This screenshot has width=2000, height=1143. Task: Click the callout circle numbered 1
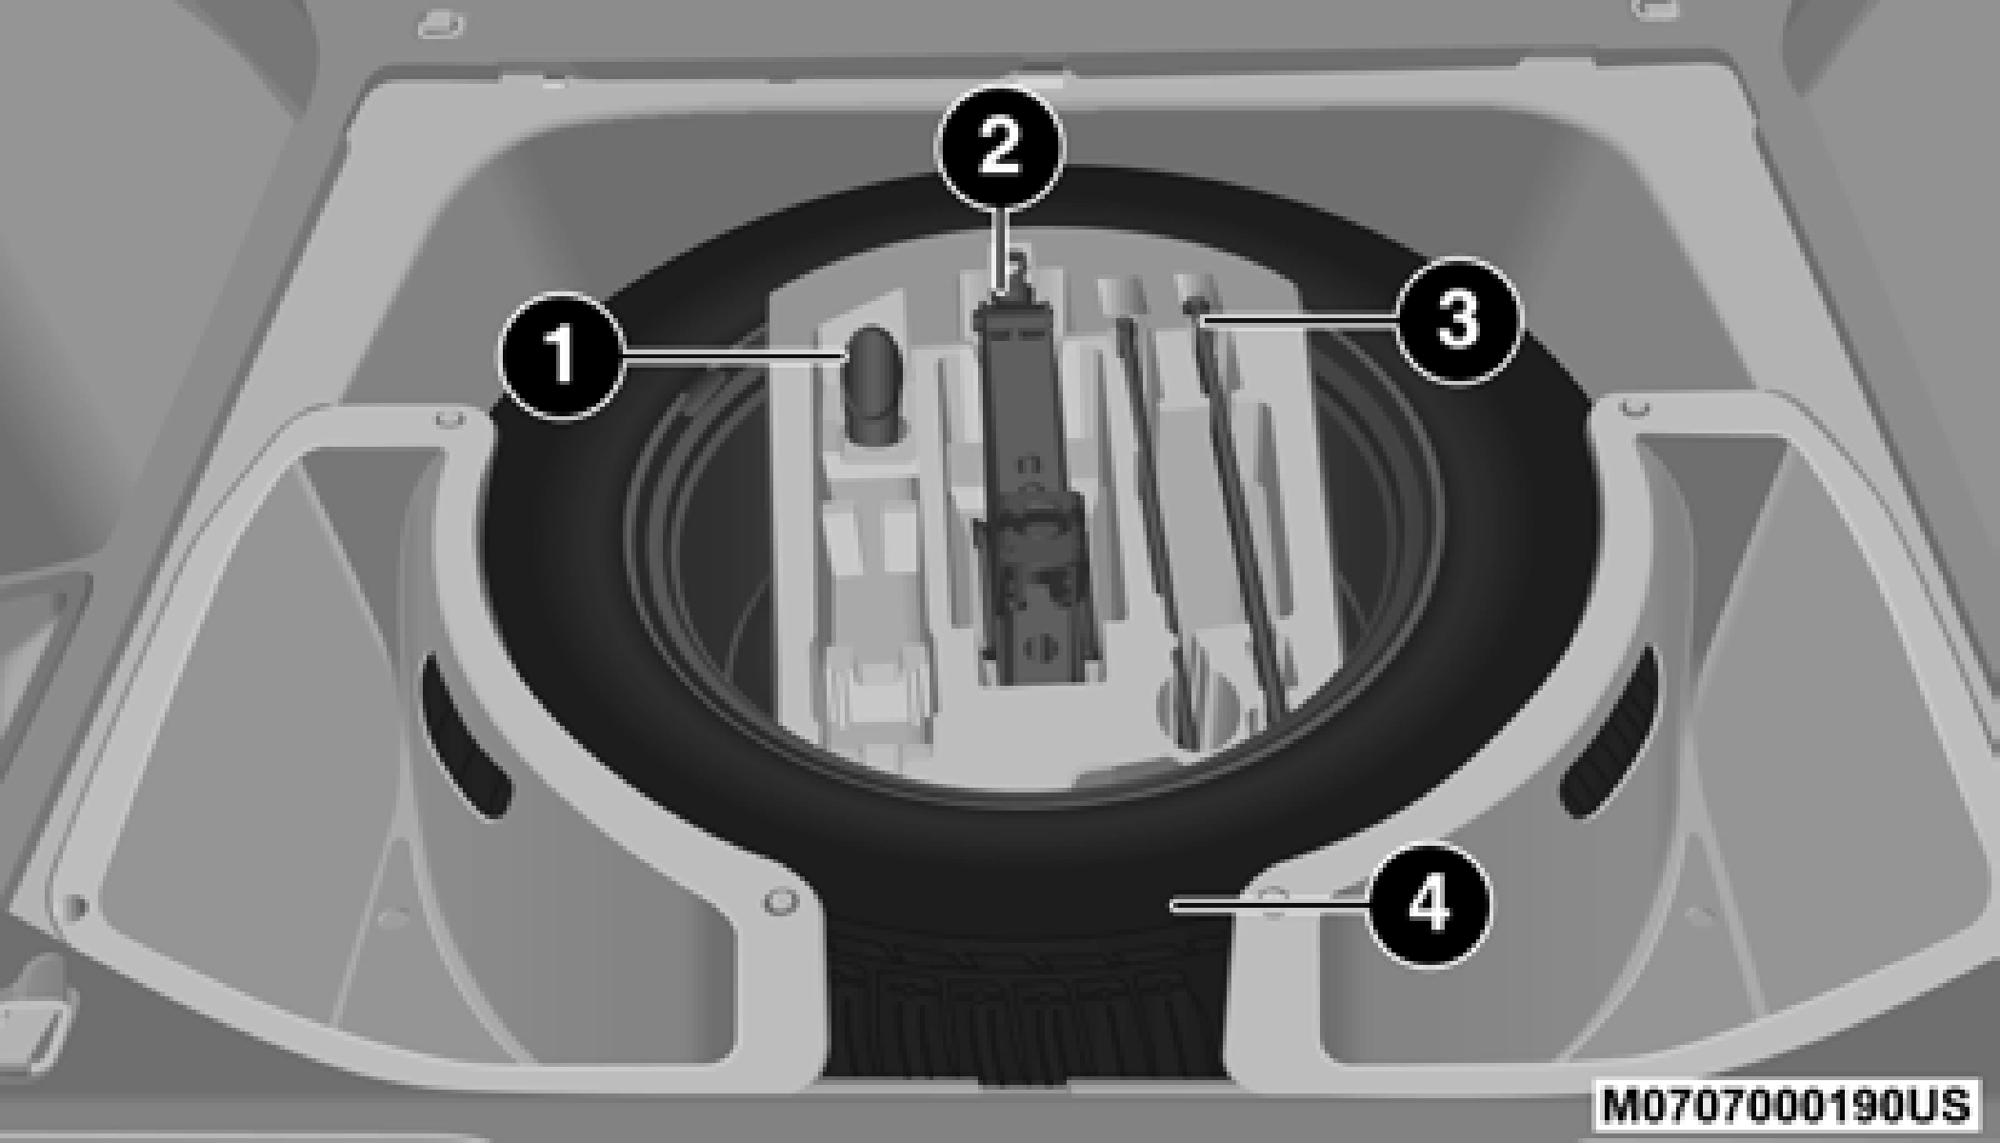(563, 355)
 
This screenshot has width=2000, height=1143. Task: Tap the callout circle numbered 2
(999, 148)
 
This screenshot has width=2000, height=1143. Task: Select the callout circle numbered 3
(1457, 321)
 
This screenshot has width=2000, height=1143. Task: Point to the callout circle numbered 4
(1430, 904)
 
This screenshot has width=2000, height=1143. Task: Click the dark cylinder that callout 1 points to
(871, 385)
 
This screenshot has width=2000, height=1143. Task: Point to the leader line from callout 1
(734, 354)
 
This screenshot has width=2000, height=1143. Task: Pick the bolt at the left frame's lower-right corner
(780, 901)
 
